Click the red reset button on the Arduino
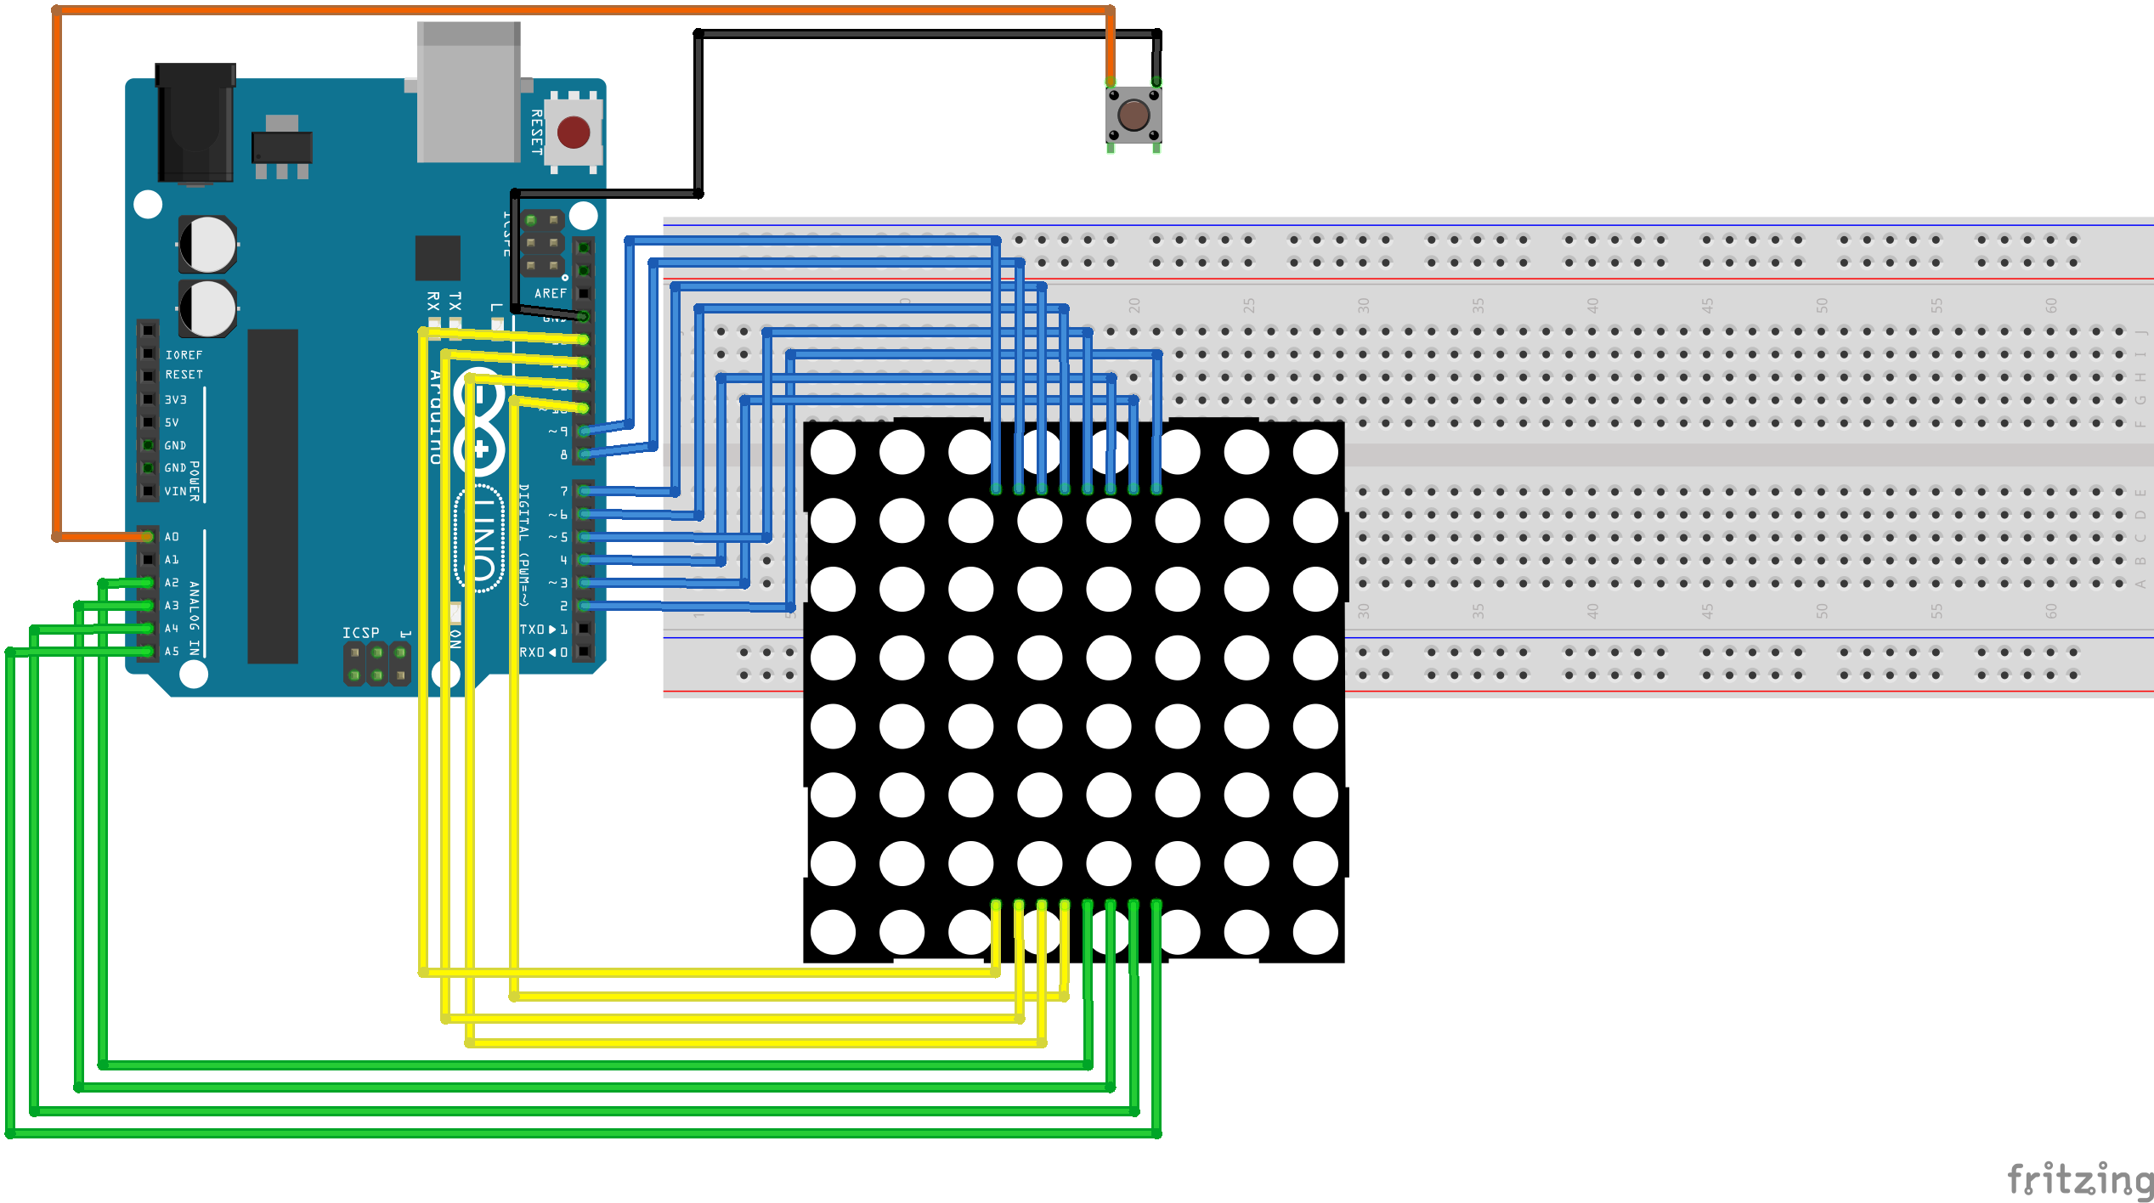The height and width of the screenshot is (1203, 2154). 574,133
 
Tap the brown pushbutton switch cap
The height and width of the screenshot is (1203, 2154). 1134,115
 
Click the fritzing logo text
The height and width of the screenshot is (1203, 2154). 2078,1179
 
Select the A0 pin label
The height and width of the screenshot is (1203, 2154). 172,537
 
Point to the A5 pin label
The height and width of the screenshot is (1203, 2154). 172,652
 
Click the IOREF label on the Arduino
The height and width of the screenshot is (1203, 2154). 184,355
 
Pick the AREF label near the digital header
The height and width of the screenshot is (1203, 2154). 551,293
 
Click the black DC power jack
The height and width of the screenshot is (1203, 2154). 195,123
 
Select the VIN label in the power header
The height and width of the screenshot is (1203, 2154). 175,491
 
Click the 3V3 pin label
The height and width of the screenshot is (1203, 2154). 175,399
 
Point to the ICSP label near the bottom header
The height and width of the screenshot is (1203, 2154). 360,633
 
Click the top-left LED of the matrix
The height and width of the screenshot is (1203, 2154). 833,452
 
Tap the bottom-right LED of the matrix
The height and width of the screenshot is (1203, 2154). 1315,932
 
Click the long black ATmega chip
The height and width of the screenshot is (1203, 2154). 273,495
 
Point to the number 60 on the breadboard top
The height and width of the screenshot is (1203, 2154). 2051,305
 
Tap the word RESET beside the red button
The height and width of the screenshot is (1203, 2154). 536,132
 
